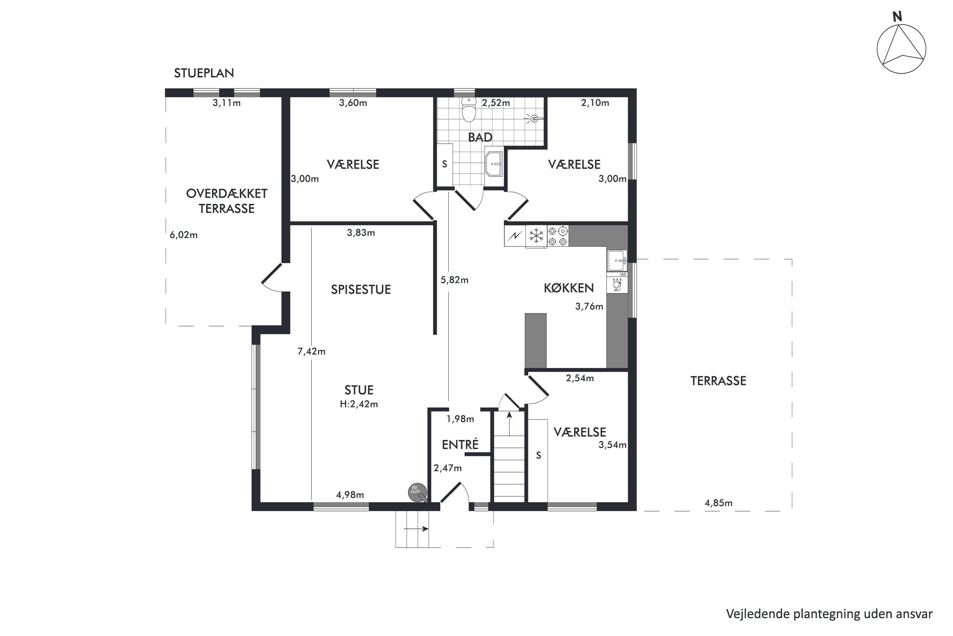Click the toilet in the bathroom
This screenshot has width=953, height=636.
(x=469, y=110)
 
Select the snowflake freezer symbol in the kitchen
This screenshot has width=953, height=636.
(x=537, y=236)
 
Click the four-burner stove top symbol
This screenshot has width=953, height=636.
(x=558, y=236)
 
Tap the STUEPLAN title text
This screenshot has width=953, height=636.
(x=204, y=73)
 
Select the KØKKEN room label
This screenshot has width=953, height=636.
(x=569, y=288)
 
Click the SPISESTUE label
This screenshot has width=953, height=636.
(x=361, y=290)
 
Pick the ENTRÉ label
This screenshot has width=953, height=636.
(x=460, y=445)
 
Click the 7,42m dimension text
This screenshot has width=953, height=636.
(x=311, y=352)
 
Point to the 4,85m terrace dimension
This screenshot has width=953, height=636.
(x=718, y=503)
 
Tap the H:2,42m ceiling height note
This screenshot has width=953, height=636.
(x=359, y=404)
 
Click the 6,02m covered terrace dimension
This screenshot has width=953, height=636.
(x=184, y=235)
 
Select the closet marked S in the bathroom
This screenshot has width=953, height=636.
(x=444, y=164)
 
